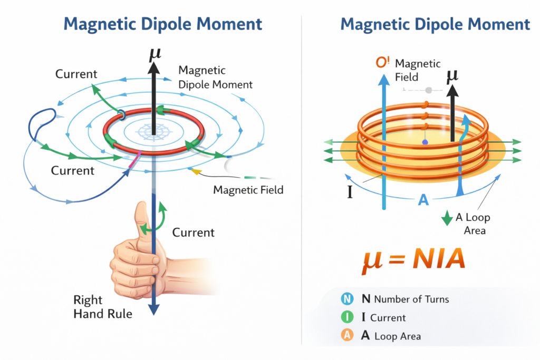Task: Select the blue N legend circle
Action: point(346,299)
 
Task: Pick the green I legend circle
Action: point(346,317)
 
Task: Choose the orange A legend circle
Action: point(346,335)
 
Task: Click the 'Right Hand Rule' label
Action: point(103,307)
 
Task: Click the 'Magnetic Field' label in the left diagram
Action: point(248,190)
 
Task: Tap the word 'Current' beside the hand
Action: point(194,232)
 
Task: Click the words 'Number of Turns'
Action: point(411,299)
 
